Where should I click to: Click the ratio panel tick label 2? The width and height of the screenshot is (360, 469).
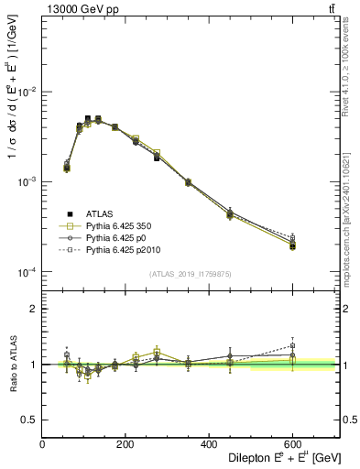tap(34, 309)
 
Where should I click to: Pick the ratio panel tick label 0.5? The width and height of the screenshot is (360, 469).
tap(29, 419)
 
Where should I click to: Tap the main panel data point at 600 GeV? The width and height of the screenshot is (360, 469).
tap(292, 245)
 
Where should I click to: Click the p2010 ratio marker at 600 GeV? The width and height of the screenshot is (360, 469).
tap(292, 346)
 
